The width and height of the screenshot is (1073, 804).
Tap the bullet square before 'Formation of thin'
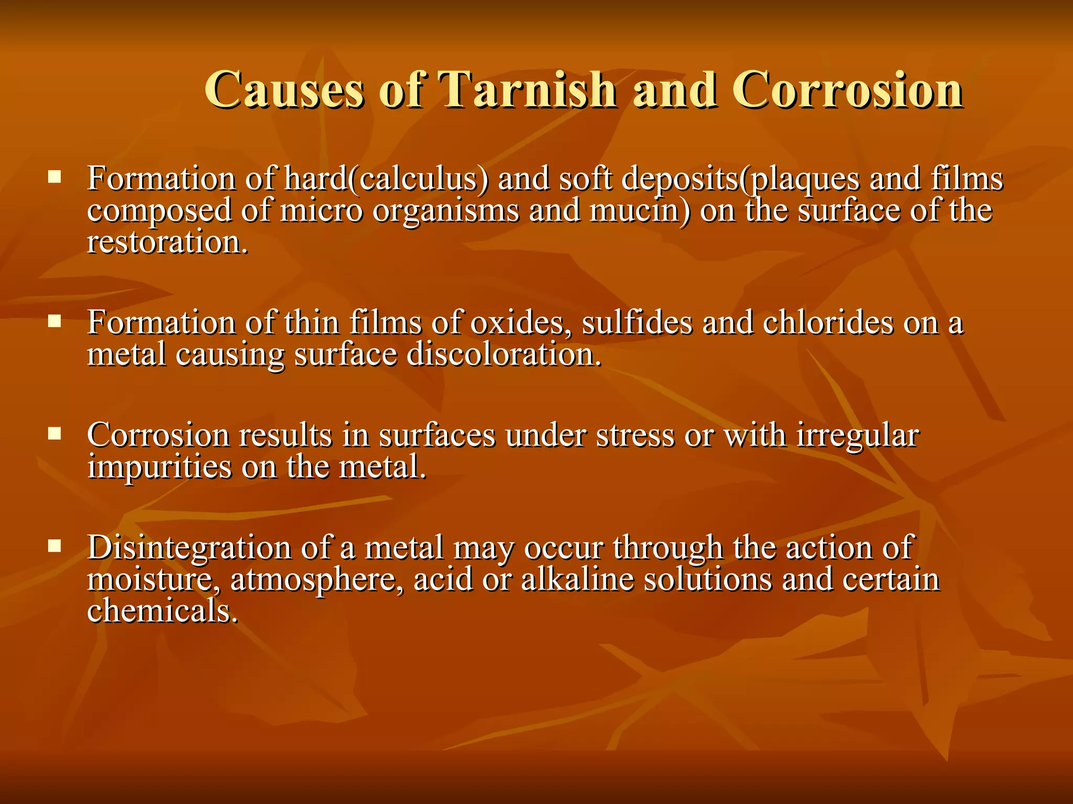pos(54,320)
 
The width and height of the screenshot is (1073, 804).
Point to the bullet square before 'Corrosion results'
pos(54,433)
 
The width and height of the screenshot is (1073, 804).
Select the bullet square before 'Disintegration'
pos(54,546)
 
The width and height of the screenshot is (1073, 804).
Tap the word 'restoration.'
pos(167,243)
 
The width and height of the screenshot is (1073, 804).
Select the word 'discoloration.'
pos(504,355)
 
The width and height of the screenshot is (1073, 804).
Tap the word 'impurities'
pos(159,467)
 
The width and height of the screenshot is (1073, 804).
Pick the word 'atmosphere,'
pos(317,580)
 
